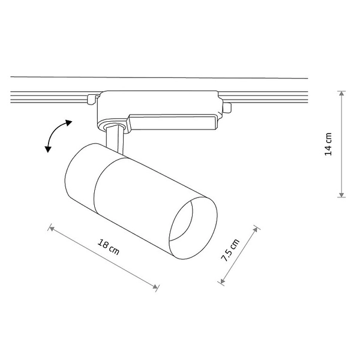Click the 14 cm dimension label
point(328,144)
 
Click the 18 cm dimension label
point(109,247)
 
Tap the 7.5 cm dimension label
point(230,250)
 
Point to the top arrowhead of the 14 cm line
point(342,94)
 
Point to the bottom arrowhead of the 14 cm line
point(342,194)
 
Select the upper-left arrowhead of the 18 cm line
point(52,229)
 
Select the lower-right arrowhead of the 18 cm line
point(155,287)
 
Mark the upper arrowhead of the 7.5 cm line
point(255,230)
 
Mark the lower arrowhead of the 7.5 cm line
point(222,281)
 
